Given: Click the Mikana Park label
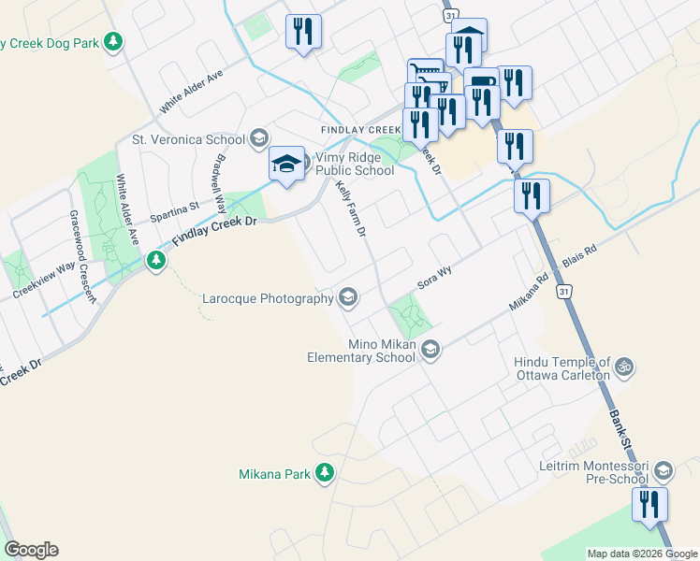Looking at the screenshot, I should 274,474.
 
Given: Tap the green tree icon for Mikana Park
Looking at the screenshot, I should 325,473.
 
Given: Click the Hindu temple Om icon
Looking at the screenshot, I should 625,368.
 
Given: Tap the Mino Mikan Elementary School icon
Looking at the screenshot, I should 430,351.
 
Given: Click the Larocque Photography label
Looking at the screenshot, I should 269,299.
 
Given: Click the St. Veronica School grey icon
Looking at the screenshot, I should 258,140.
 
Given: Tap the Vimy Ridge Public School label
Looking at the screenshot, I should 355,165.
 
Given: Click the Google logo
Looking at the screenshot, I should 31,550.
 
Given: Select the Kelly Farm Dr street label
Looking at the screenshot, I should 350,209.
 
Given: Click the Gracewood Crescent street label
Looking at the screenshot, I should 80,255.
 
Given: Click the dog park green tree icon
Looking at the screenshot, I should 113,42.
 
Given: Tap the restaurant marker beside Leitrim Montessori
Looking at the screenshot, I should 648,505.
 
